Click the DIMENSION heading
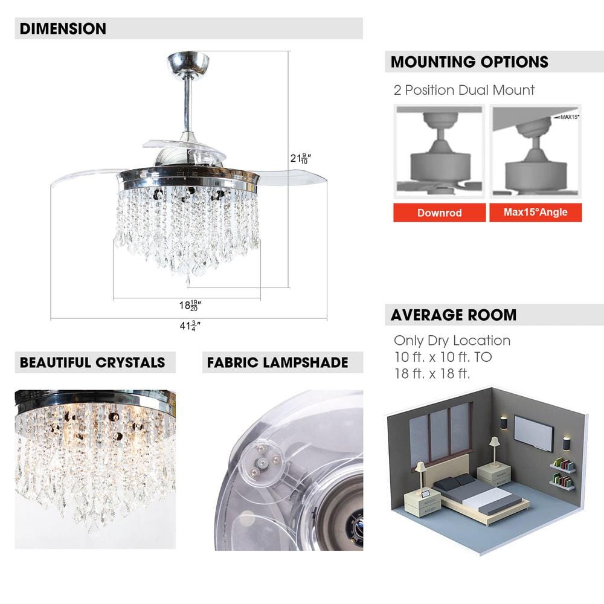63,28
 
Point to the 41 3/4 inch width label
189,326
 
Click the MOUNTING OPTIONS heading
469,62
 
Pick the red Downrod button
439,213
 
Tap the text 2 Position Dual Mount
464,91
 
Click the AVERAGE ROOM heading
453,315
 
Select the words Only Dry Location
452,341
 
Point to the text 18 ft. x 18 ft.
431,373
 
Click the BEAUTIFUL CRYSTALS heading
92,362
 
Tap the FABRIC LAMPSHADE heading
277,362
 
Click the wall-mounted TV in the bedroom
533,432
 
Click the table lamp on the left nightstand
420,475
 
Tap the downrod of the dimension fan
188,103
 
